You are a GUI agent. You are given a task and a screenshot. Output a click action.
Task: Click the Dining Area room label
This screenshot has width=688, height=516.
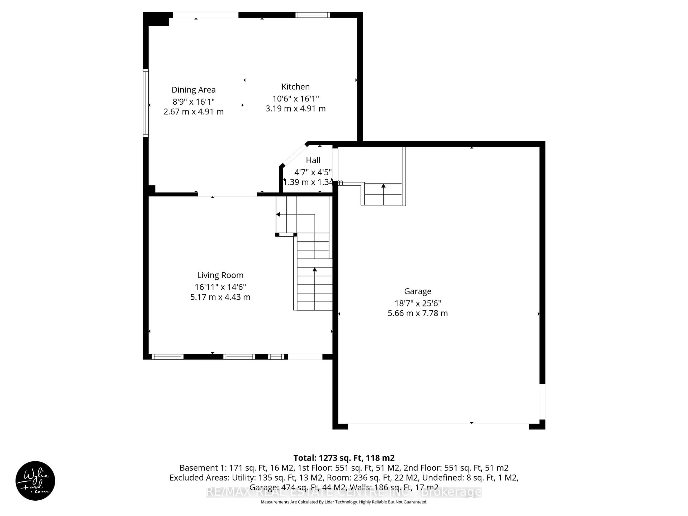click(x=193, y=90)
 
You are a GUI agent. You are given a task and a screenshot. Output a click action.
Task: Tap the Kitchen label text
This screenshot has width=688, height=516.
click(x=295, y=87)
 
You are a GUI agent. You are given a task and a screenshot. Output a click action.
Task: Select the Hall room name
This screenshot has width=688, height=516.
click(x=313, y=161)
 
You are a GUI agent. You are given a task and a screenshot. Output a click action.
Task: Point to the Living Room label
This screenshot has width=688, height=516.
click(x=220, y=275)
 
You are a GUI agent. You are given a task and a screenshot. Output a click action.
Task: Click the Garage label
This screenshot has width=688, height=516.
click(x=418, y=292)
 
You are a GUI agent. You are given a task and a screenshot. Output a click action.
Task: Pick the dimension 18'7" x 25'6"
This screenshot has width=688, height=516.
click(x=418, y=303)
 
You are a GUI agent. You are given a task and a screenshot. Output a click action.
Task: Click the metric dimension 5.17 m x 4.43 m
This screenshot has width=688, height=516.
click(x=220, y=297)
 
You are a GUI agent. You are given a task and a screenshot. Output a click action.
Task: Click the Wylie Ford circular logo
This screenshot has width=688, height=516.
click(x=35, y=481)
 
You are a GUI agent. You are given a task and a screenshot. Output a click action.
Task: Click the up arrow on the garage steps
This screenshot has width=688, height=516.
click(x=383, y=186)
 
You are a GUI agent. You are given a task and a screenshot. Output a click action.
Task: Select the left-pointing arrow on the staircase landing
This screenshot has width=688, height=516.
click(x=278, y=214)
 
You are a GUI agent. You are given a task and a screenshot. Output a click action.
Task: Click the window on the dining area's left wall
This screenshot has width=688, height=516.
click(x=145, y=103)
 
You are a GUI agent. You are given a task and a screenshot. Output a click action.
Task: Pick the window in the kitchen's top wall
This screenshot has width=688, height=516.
click(x=313, y=15)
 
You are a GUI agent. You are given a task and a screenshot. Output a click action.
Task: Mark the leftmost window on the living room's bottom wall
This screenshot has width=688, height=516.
click(x=167, y=357)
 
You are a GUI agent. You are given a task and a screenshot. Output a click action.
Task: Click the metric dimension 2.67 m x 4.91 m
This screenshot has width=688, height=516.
click(x=193, y=112)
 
